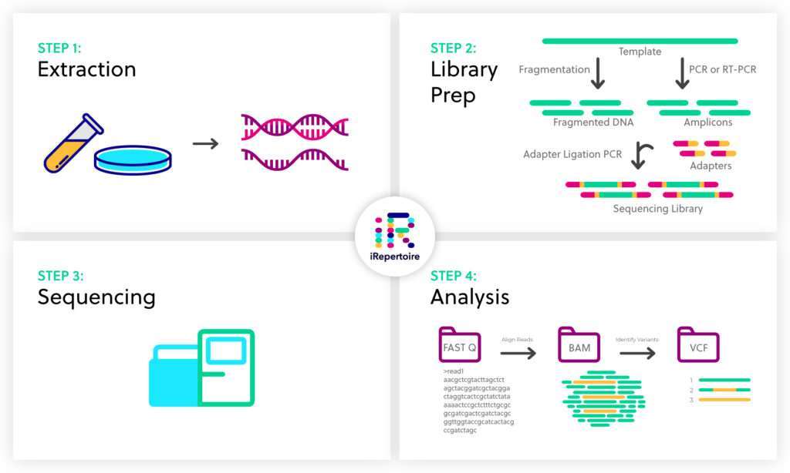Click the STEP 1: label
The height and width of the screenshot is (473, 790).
click(59, 48)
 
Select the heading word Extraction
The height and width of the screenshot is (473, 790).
click(86, 69)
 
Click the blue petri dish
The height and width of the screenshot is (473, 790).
click(132, 159)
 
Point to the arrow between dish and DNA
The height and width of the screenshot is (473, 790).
click(205, 143)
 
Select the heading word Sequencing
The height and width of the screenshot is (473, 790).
click(96, 297)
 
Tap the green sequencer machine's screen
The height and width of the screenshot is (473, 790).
click(226, 352)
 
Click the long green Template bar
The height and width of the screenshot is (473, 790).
click(640, 41)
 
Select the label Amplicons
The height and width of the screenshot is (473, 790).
click(707, 122)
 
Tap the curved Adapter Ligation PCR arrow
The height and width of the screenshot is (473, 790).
click(640, 154)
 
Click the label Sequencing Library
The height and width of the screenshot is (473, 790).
click(657, 209)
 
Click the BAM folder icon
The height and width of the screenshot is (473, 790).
click(579, 346)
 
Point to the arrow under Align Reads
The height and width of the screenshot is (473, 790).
click(518, 353)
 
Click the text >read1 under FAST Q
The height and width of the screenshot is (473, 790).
click(454, 372)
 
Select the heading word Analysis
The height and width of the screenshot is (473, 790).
click(469, 297)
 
